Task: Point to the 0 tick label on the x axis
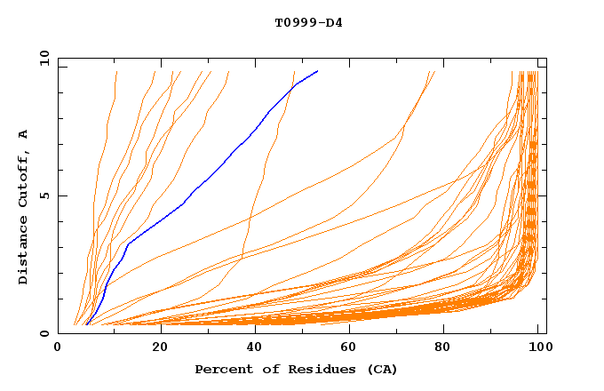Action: [59, 349]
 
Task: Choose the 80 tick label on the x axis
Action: [444, 349]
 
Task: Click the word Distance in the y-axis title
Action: [24, 250]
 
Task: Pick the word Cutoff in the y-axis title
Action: [24, 179]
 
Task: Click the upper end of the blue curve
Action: [317, 71]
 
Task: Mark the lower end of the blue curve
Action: [86, 324]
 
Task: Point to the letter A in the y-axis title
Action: [24, 133]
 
